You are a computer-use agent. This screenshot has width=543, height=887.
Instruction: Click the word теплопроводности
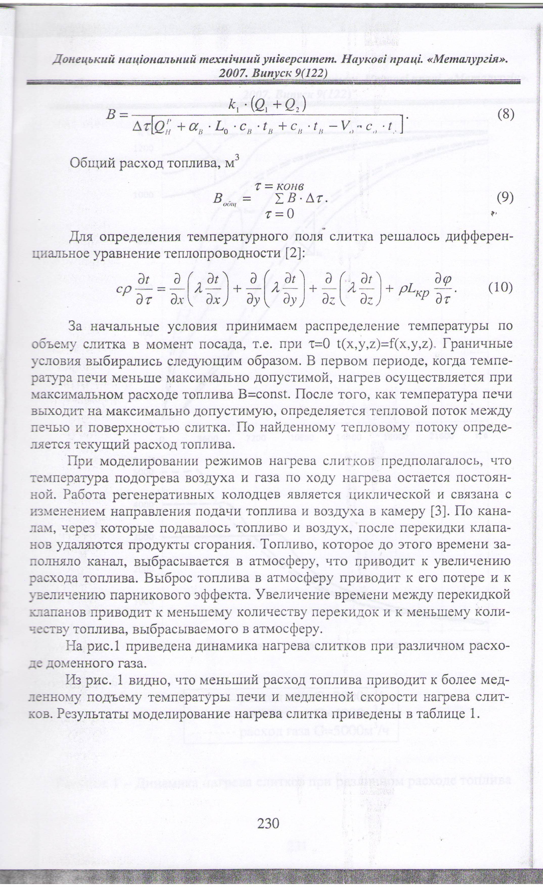click(x=224, y=253)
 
